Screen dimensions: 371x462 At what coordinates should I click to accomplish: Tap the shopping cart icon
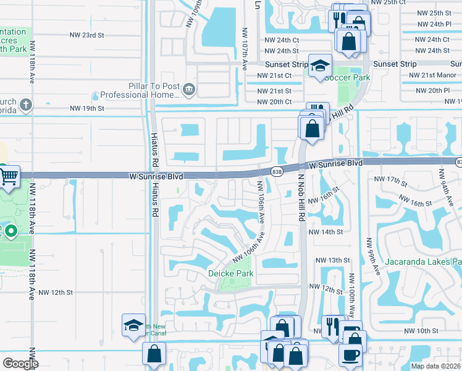click(x=9, y=176)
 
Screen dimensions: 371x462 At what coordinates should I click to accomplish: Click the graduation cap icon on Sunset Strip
click(x=320, y=66)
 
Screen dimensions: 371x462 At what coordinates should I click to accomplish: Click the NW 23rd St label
click(x=87, y=35)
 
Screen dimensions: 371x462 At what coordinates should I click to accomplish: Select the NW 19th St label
click(x=87, y=108)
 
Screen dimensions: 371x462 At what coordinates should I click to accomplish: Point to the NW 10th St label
click(x=421, y=331)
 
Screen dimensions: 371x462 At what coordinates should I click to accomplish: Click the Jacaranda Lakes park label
click(x=424, y=262)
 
